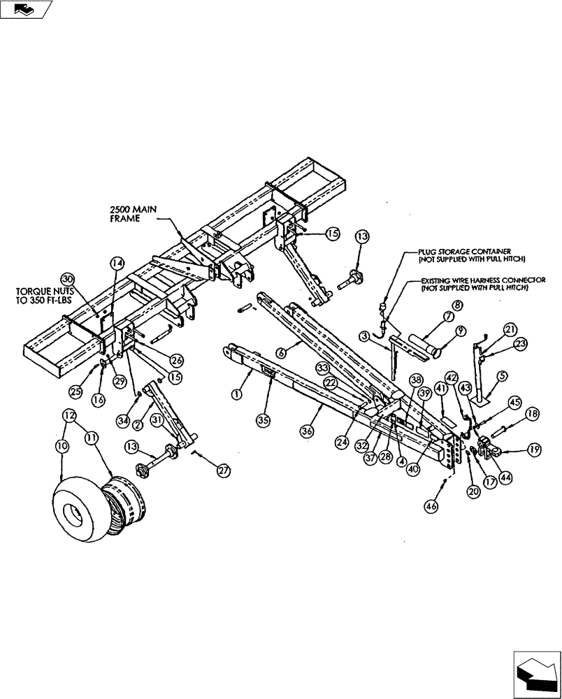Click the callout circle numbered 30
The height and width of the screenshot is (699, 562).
[x=66, y=278]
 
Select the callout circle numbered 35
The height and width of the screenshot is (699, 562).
[x=264, y=419]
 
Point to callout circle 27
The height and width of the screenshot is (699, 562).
[x=223, y=471]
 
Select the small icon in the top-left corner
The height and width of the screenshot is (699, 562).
[x=26, y=9]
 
